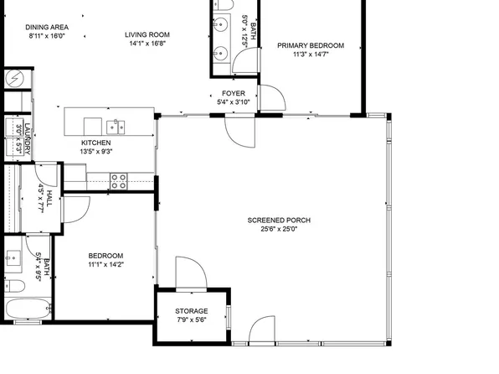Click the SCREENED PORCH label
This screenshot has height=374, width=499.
click(x=279, y=221)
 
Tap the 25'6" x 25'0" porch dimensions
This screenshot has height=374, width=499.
click(x=279, y=229)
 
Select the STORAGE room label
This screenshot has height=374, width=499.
click(x=191, y=311)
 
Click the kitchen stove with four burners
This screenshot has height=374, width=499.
click(x=119, y=178)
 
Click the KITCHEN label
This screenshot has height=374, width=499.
click(x=95, y=143)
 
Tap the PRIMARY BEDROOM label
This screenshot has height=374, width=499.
click(x=318, y=45)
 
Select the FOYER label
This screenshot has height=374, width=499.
click(x=234, y=93)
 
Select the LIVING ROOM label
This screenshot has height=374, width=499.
click(x=147, y=35)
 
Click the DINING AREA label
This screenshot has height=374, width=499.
click(x=49, y=27)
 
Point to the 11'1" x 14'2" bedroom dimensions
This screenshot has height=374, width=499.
click(x=106, y=264)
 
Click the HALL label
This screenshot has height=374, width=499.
click(x=49, y=199)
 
